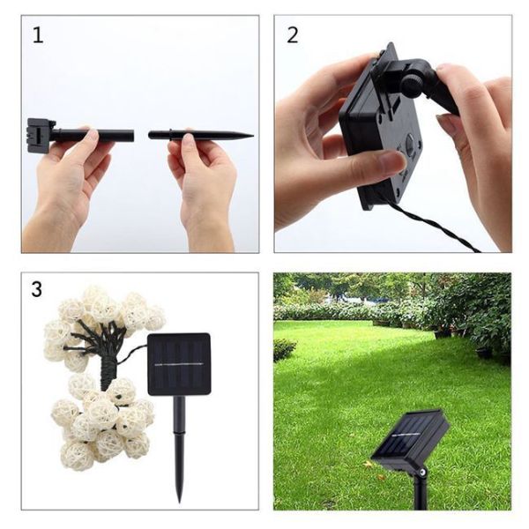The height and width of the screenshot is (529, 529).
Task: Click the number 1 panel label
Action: click(38, 35)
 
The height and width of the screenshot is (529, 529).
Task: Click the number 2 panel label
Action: click(293, 35)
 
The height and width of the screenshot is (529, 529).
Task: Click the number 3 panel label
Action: click(37, 289)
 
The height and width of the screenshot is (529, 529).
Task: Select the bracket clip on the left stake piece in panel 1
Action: click(41, 136)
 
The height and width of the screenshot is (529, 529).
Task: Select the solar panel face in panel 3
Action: click(178, 363)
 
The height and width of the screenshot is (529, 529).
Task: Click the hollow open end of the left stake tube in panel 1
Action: click(130, 136)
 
